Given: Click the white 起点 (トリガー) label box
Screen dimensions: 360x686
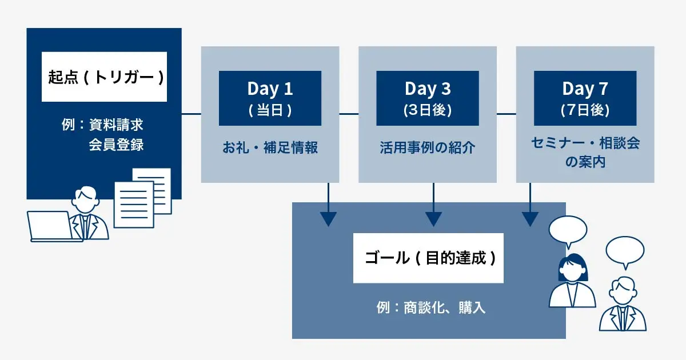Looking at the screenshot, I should pos(104,77).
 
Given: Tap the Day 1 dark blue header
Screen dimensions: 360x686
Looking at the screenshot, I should pos(270,98).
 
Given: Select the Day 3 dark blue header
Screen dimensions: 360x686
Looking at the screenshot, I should pos(428,98).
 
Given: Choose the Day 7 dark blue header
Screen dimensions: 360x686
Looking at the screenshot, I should pos(585,98).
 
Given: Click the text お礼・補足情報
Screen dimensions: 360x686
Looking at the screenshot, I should pos(270,148).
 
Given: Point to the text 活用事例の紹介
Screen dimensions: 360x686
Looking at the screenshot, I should pos(428,148).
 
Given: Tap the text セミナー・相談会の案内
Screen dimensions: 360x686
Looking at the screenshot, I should pos(585,152).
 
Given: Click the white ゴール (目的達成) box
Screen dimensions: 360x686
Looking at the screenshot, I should pos(428,258).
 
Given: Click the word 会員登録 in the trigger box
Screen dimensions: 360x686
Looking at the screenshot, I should pos(116,145).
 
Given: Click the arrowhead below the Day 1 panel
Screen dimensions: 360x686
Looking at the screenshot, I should pos(328,219).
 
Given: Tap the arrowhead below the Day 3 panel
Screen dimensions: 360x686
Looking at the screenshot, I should pos(433,219).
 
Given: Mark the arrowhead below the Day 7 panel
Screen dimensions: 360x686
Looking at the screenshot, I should pos(530,219).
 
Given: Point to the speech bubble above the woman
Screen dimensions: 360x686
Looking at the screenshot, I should pos(568,230).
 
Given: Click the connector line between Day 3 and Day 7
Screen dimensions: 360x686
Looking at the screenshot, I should pos(506,114).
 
